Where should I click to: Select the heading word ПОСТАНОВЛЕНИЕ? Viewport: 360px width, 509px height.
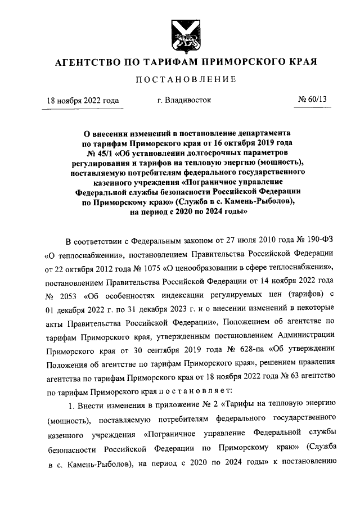pyautogui.click(x=180, y=80)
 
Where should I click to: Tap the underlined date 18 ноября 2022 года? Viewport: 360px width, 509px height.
pyautogui.click(x=83, y=101)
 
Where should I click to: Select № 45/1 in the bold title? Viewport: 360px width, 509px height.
pyautogui.click(x=100, y=152)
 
